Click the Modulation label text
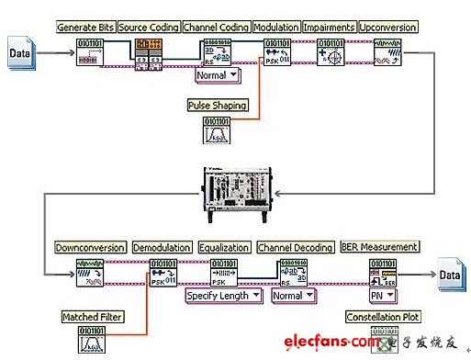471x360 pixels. tap(275, 28)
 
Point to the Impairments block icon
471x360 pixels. tap(330, 52)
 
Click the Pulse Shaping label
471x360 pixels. tap(218, 106)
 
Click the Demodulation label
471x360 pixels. tap(162, 248)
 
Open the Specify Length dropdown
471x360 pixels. tap(223, 296)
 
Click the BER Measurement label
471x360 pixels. tap(379, 247)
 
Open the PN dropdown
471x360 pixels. tap(381, 296)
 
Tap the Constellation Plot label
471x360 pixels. tap(382, 318)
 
